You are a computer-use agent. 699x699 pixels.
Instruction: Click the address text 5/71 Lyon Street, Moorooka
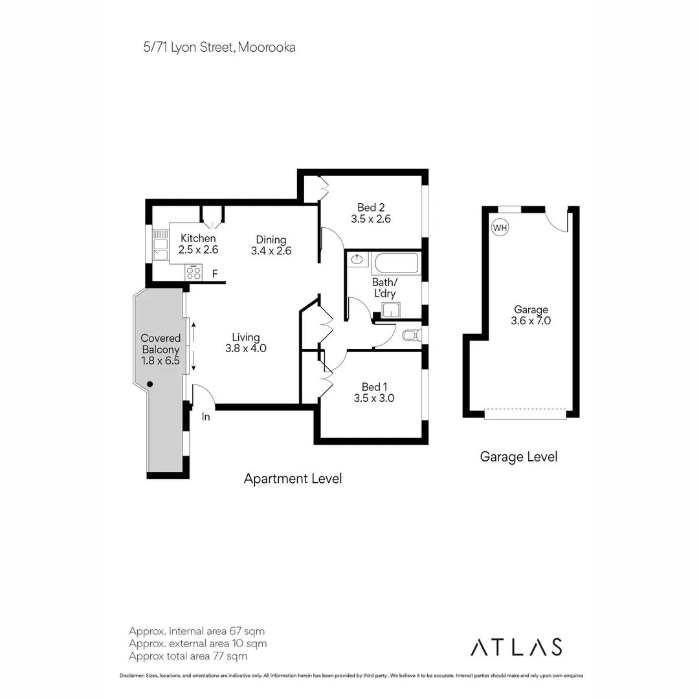coord(219,47)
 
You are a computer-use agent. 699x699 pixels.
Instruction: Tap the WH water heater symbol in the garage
coord(500,228)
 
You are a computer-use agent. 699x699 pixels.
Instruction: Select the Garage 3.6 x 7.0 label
coord(531,315)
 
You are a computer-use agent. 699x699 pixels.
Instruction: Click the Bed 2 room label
coord(371,213)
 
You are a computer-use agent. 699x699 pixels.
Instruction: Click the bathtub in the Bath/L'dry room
coord(395,264)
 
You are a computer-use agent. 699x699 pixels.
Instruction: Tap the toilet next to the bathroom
coord(411,335)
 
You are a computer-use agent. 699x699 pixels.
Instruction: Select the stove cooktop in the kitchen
coord(194,273)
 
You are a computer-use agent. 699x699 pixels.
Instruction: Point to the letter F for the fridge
coord(215,274)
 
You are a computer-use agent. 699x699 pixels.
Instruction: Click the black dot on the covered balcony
coord(150,384)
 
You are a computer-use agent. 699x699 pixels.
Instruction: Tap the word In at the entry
coord(206,417)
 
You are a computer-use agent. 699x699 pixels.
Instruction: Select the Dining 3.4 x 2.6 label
coord(271,245)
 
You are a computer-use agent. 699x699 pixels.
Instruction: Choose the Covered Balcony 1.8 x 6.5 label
coord(161,349)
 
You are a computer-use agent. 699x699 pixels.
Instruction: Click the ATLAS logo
coord(516,647)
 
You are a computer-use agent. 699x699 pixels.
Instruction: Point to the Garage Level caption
coord(518,456)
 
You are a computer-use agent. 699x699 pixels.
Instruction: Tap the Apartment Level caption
coord(293,479)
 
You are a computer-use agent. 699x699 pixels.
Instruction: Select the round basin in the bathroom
coord(357,260)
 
